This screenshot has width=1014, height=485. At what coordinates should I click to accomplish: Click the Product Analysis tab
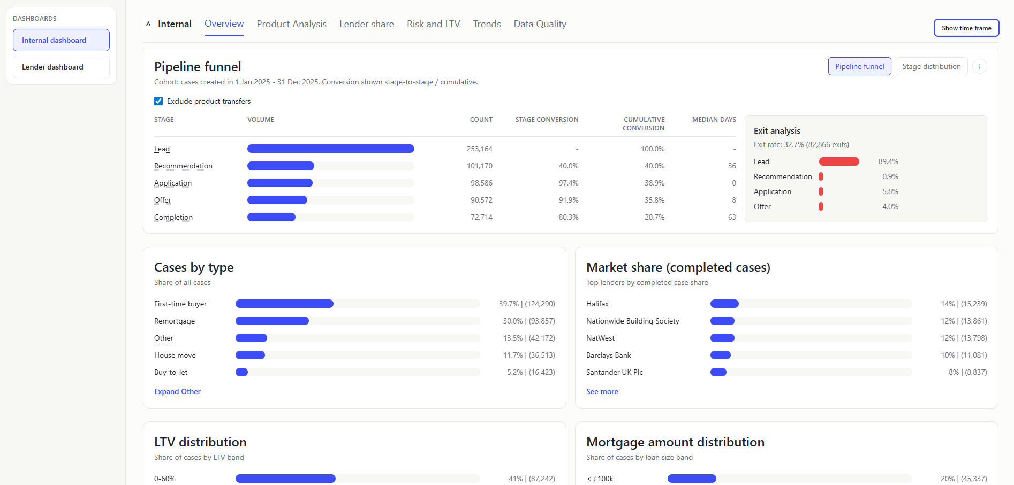tap(291, 24)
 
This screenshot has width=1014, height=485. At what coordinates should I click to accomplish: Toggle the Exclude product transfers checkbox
tap(158, 101)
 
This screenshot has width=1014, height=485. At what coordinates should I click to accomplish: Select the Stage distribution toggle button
tap(931, 66)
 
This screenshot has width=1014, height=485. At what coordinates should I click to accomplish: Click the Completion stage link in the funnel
tap(173, 217)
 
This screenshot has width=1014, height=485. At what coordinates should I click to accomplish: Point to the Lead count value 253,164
tap(479, 149)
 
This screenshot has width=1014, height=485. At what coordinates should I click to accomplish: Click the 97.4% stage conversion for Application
tap(568, 183)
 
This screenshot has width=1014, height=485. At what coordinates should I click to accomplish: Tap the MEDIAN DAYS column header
tap(714, 120)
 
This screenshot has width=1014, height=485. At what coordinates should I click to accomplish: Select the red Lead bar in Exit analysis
tap(838, 161)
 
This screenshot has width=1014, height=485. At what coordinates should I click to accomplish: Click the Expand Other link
tap(177, 391)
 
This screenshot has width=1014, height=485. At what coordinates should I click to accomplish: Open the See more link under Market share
tap(602, 391)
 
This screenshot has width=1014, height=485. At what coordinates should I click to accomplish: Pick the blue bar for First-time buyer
tap(284, 304)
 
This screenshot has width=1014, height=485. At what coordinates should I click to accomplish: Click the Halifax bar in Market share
tap(724, 304)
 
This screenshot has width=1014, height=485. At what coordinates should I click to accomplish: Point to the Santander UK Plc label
tap(614, 372)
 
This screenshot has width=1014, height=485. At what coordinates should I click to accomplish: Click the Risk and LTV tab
tap(433, 24)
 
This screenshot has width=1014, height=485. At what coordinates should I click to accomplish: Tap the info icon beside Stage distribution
tap(979, 66)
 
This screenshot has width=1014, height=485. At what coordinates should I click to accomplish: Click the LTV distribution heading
tap(200, 442)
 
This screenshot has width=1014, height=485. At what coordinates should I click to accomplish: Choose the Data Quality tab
tap(540, 24)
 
